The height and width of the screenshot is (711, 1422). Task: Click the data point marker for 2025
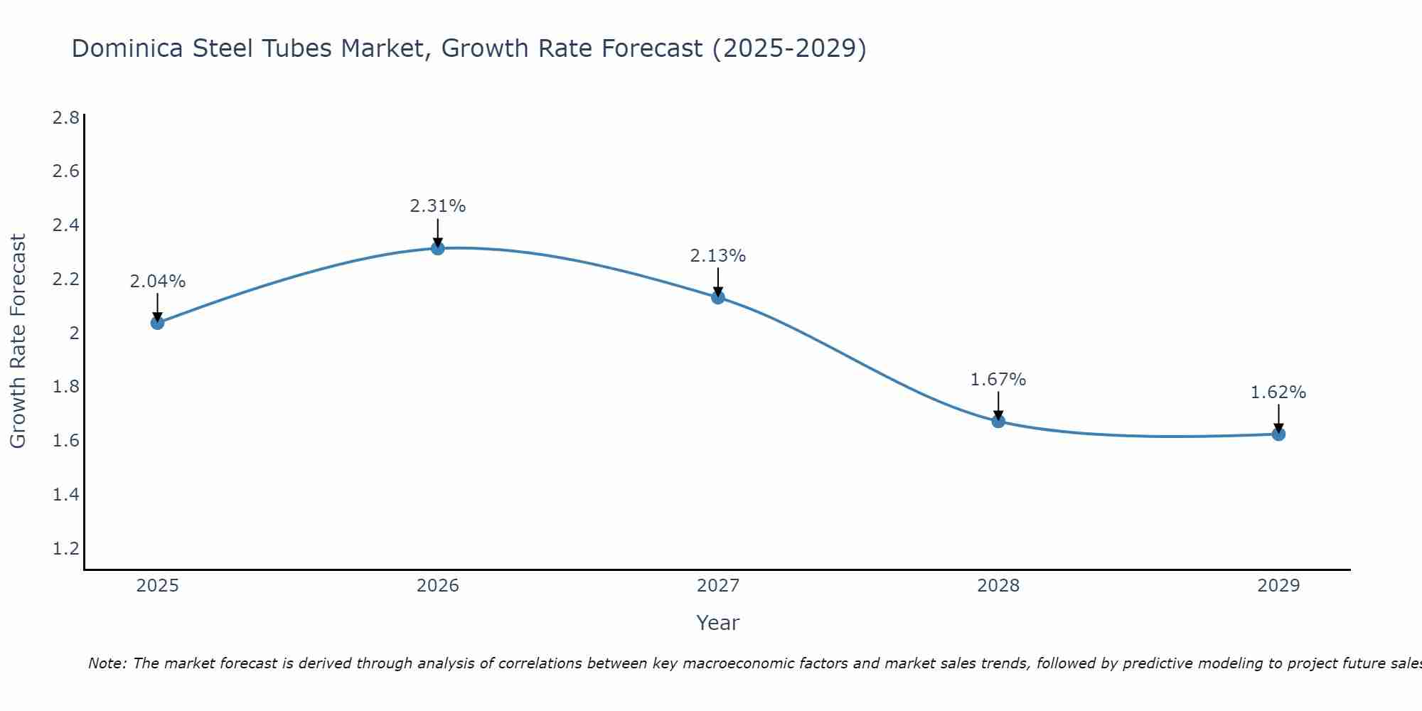click(x=157, y=323)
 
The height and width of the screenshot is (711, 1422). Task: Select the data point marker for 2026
click(x=438, y=248)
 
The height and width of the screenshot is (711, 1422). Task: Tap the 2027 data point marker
click(x=718, y=297)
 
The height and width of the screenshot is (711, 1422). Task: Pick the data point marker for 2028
click(x=998, y=421)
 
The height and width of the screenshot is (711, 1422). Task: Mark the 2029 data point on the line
click(x=1278, y=434)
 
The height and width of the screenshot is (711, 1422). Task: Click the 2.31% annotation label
click(x=438, y=206)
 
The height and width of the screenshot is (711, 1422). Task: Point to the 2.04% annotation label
click(x=157, y=282)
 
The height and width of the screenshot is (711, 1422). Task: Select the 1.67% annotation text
click(x=998, y=380)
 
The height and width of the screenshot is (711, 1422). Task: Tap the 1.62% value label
click(x=1278, y=392)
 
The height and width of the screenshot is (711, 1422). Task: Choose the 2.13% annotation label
click(x=718, y=256)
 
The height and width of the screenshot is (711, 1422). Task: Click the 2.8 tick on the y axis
click(x=66, y=118)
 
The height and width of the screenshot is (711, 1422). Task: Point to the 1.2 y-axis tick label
click(x=66, y=548)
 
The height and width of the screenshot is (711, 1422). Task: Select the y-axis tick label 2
click(x=74, y=333)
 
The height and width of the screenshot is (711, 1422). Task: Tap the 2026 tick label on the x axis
click(x=438, y=586)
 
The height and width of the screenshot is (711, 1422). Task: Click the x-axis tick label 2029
click(x=1278, y=586)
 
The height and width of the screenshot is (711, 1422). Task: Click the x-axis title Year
click(x=718, y=623)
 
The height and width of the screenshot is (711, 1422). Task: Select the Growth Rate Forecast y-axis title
click(x=18, y=341)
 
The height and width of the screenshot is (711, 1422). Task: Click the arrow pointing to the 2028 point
click(x=998, y=405)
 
